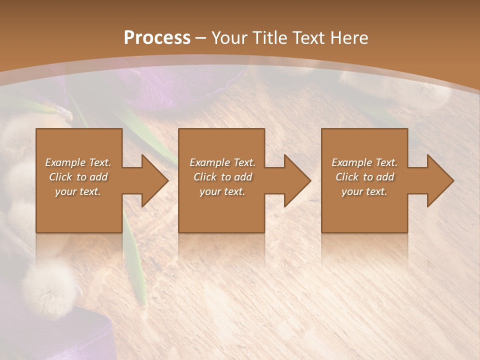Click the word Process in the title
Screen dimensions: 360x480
coord(157,38)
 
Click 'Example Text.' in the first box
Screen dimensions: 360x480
coord(78,162)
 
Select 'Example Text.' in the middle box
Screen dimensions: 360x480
coord(222,162)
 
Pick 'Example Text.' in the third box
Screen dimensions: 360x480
coord(364,162)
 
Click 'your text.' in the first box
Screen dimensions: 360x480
coord(78,191)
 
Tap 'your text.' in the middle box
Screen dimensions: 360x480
coord(222,191)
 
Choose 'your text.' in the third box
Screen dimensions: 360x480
coord(364,191)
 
